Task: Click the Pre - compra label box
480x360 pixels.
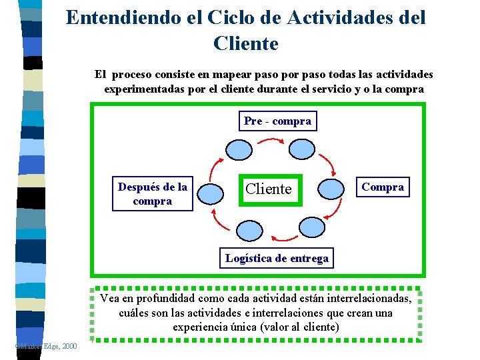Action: tap(277, 121)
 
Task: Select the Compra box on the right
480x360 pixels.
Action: tap(382, 187)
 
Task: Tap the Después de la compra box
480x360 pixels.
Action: tap(153, 194)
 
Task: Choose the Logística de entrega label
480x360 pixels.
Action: tap(277, 258)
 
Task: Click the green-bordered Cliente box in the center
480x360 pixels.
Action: tap(269, 189)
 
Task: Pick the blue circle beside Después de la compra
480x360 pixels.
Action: tap(211, 192)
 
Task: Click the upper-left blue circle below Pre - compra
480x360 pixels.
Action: tap(239, 149)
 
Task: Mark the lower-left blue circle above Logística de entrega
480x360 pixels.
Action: tap(250, 229)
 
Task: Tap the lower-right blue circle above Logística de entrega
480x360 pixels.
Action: tap(310, 228)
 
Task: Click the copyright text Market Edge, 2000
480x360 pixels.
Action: tap(45, 345)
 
